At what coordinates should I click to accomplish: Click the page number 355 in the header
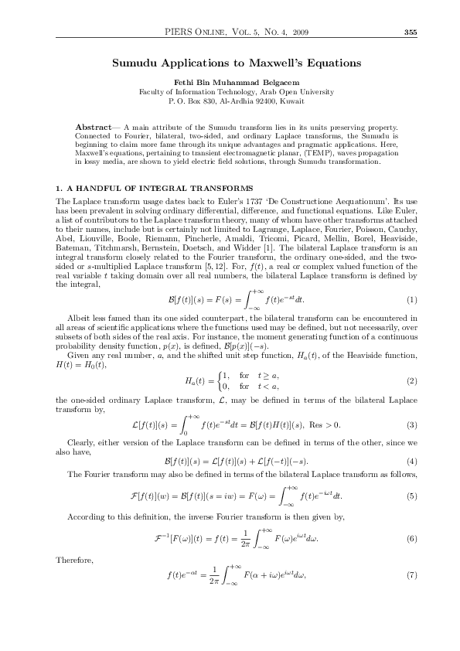[x=411, y=32]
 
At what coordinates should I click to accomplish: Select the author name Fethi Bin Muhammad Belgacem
[x=230, y=81]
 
